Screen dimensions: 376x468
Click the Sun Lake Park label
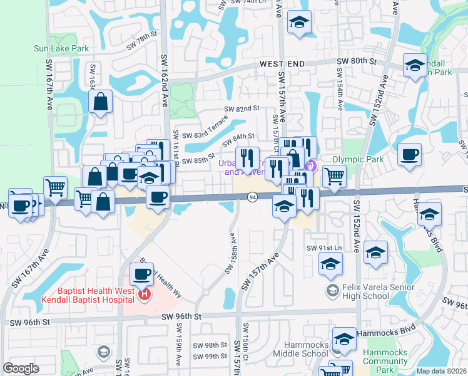click(x=61, y=48)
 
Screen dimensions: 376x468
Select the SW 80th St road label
click(x=357, y=61)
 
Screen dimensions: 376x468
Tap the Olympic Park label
click(x=358, y=159)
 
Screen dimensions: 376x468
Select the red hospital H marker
click(x=145, y=293)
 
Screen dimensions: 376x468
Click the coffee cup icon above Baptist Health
click(x=141, y=273)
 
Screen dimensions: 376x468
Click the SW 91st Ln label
click(x=325, y=248)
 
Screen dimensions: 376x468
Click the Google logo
click(x=21, y=368)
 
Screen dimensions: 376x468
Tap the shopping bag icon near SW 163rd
click(x=101, y=102)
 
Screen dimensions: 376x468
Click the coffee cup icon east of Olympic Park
click(x=409, y=155)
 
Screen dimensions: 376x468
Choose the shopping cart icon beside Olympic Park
click(x=334, y=176)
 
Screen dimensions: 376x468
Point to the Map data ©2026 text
click(x=441, y=371)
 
